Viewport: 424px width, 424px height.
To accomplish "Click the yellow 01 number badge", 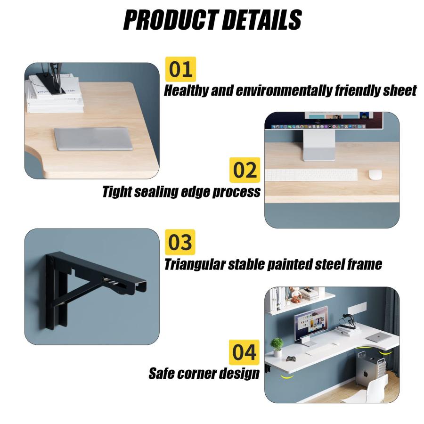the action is click(180, 69).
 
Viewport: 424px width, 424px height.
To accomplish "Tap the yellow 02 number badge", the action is click(245, 170).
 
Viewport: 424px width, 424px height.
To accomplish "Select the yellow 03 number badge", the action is click(180, 242).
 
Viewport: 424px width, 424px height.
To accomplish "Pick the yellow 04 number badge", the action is click(244, 352).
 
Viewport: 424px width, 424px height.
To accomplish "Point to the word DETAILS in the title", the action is click(262, 20).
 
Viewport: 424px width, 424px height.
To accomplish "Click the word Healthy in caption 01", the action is click(186, 90).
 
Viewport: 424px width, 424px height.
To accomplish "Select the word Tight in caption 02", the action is click(117, 192).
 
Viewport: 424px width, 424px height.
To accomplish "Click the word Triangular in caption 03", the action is click(195, 264).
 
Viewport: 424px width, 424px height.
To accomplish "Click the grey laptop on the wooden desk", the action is click(94, 139).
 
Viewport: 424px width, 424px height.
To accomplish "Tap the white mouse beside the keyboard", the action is click(375, 174).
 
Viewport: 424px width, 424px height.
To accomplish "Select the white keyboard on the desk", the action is click(311, 175).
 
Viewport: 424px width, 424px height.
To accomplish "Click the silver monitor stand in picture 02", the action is click(319, 145).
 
